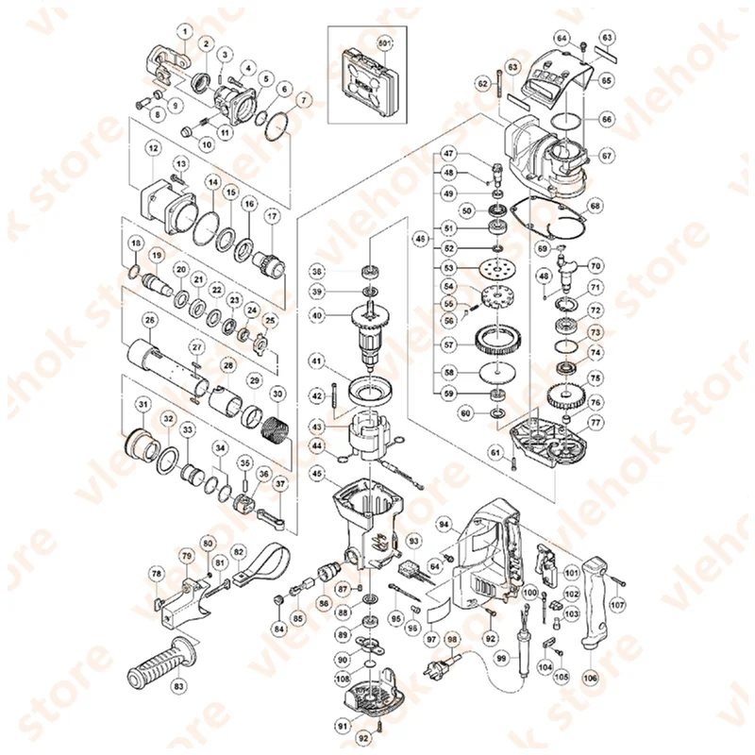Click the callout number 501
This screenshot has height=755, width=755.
click(x=384, y=44)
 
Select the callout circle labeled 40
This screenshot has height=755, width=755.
click(x=317, y=315)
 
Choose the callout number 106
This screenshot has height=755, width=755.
click(x=591, y=676)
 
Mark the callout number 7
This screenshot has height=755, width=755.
click(x=303, y=98)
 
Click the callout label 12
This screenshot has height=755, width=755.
click(x=152, y=147)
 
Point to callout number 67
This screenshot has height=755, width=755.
click(x=607, y=155)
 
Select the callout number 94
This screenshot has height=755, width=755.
click(x=443, y=523)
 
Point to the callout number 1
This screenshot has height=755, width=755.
click(x=185, y=32)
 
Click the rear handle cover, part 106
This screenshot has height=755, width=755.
click(x=596, y=604)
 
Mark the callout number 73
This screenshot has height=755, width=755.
click(x=596, y=332)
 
